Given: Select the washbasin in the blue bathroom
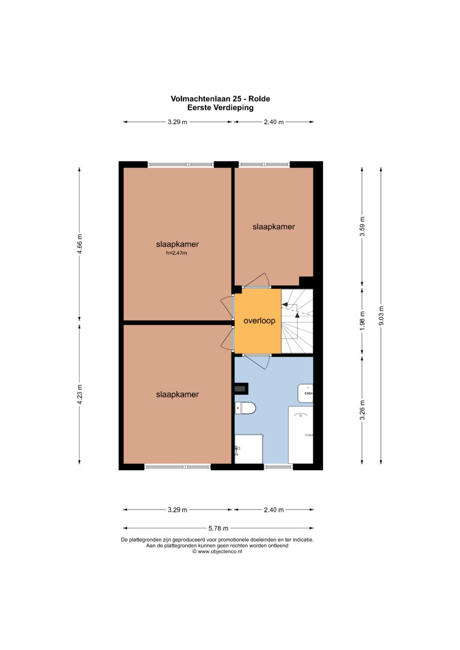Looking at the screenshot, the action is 305,393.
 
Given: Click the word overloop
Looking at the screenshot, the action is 259,321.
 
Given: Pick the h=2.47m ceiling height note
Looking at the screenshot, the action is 177,253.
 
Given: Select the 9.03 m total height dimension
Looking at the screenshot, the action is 381,315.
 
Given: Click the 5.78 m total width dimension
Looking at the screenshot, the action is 218,528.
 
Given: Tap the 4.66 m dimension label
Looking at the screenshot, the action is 79,244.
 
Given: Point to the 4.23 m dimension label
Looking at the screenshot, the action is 79,394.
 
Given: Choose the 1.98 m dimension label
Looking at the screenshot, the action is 362,321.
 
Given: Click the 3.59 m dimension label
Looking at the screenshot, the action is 362,226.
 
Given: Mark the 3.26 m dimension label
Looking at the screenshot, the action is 362,410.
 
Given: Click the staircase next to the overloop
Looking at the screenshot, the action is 297,321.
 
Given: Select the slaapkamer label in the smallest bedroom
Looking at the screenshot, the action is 273,226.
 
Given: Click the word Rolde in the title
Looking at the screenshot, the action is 259,99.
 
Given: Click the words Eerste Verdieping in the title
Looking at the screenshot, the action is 220,108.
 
